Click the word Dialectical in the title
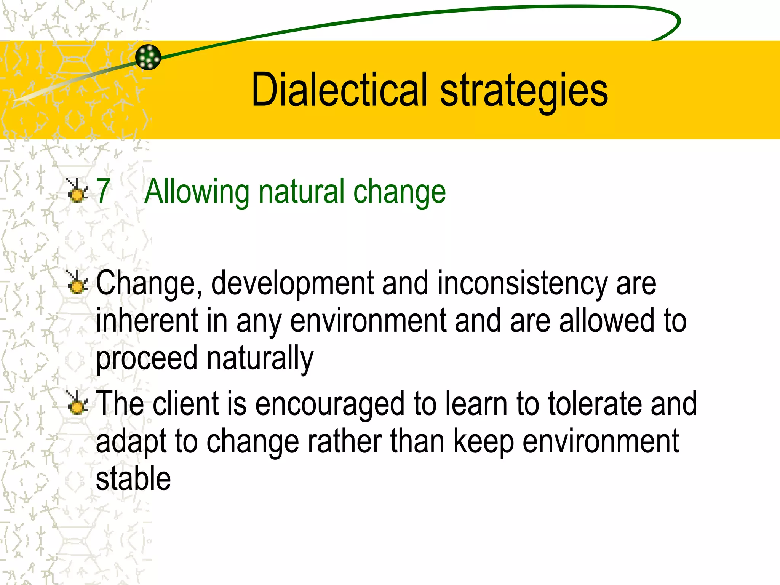click(x=340, y=90)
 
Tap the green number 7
click(x=103, y=191)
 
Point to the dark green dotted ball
click(x=148, y=57)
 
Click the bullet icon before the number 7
click(x=77, y=190)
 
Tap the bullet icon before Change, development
click(x=77, y=282)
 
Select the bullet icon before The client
click(x=77, y=403)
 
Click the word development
click(x=292, y=284)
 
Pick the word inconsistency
click(x=522, y=284)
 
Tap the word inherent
click(x=147, y=321)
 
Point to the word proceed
click(x=147, y=359)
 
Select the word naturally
click(x=260, y=359)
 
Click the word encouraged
click(x=330, y=404)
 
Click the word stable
click(x=133, y=478)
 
